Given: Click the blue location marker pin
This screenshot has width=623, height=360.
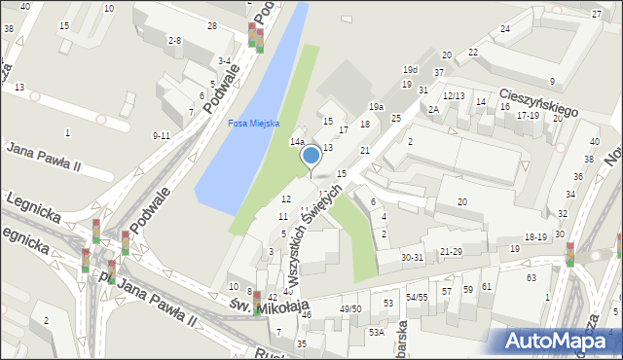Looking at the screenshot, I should pyautogui.click(x=311, y=155).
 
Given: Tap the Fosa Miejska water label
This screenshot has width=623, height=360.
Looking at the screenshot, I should pyautogui.click(x=253, y=124).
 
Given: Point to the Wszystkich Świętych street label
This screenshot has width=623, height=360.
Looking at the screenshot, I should pyautogui.click(x=320, y=228).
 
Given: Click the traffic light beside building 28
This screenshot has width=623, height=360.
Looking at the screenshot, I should pyautogui.click(x=255, y=38).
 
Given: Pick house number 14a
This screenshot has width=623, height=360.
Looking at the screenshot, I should pyautogui.click(x=297, y=142).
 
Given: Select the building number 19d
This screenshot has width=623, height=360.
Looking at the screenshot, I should pyautogui.click(x=411, y=70).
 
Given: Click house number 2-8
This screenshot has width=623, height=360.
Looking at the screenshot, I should pyautogui.click(x=174, y=40).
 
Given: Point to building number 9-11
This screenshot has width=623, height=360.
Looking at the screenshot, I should pyautogui.click(x=162, y=135).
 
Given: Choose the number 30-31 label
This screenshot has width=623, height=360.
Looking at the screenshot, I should pyautogui.click(x=413, y=257).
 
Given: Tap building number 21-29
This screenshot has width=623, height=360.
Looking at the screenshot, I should pyautogui.click(x=450, y=251).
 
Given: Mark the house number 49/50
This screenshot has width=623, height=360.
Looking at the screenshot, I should pyautogui.click(x=349, y=308).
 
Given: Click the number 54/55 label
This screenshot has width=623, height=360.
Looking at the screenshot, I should pyautogui.click(x=418, y=297).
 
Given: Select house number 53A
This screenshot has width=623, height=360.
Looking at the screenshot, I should pyautogui.click(x=376, y=332).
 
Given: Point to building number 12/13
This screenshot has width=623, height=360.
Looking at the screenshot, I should pyautogui.click(x=454, y=95).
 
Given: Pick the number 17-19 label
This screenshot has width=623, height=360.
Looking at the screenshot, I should pyautogui.click(x=528, y=115).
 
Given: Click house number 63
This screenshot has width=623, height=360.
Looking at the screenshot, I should pyautogui.click(x=531, y=278).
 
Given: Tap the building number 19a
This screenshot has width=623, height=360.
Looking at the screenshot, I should pyautogui.click(x=376, y=106).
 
